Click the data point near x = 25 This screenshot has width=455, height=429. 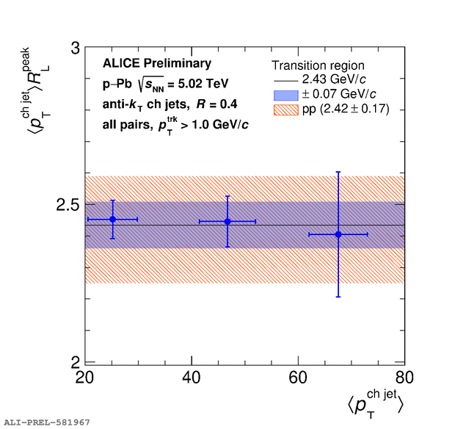[112, 219]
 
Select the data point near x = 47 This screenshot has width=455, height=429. [227, 221]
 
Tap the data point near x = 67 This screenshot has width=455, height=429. [338, 234]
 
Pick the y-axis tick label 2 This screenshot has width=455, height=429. [74, 363]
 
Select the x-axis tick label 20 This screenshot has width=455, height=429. [85, 378]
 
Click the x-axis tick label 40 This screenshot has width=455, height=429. [192, 378]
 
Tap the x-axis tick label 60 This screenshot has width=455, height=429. [298, 378]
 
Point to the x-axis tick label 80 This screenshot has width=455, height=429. [404, 378]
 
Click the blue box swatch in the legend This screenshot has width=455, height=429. [286, 94]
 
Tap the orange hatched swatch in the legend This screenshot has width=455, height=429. [286, 109]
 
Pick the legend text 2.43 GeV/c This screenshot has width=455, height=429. [339, 79]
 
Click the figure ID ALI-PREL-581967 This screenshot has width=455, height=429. [47, 422]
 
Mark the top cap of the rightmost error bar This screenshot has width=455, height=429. [338, 172]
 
